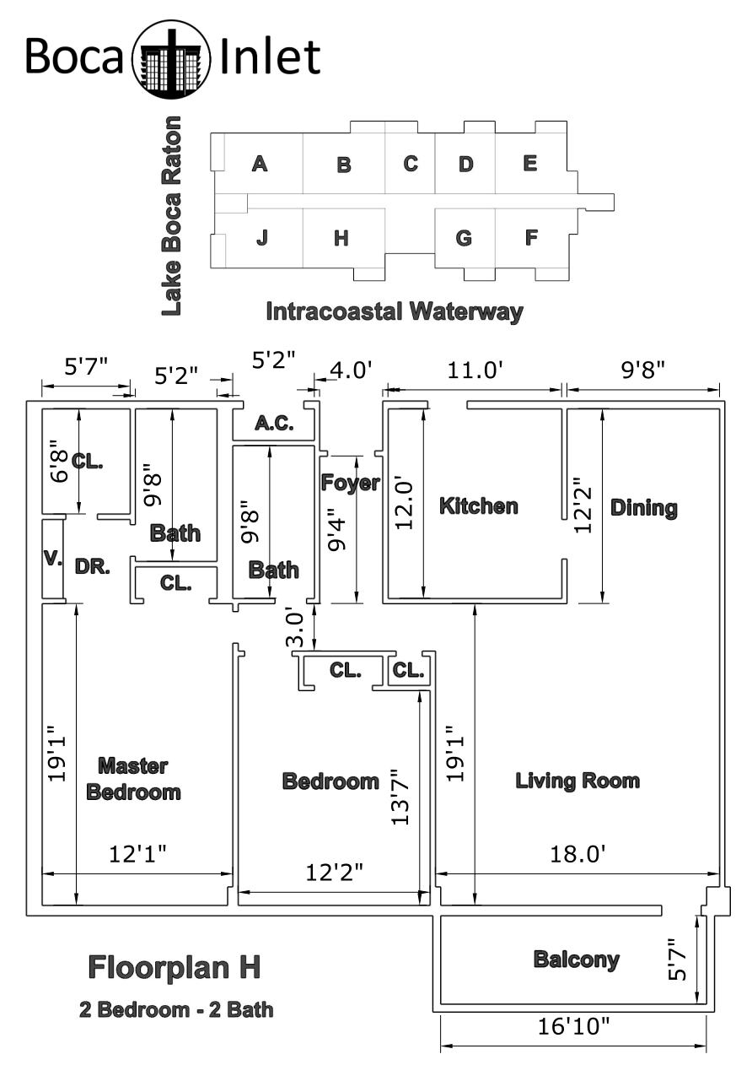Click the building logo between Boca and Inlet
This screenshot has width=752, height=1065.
tap(171, 59)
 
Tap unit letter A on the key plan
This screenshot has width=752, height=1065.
tap(260, 164)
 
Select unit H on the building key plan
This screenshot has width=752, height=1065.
tap(341, 238)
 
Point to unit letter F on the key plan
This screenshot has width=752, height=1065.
tap(531, 237)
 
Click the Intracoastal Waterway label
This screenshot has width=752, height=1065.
tap(395, 312)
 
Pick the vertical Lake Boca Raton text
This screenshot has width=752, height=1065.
tap(171, 215)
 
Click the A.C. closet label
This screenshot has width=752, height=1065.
tap(274, 423)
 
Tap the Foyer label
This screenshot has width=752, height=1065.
tap(351, 483)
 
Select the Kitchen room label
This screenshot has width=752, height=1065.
tap(478, 505)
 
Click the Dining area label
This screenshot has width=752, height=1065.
tap(644, 508)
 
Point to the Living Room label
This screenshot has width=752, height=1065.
tap(577, 781)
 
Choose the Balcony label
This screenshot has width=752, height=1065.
tap(577, 959)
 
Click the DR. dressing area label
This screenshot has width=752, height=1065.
tap(93, 566)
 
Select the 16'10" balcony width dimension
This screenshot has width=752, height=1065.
tap(572, 1027)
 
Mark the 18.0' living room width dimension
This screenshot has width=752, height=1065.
tap(577, 854)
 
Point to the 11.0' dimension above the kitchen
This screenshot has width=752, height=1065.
tap(475, 370)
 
